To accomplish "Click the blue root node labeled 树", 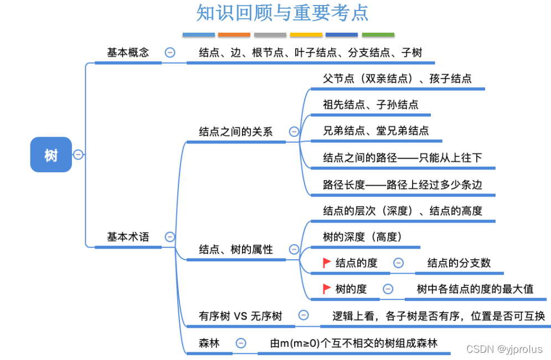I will (51, 155).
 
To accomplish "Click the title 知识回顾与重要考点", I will (282, 13).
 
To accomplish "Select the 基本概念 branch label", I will (128, 53).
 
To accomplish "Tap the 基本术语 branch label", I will (128, 236).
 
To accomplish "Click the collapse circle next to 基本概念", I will (170, 53).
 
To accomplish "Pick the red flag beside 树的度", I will (327, 289).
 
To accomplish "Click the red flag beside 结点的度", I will (327, 263).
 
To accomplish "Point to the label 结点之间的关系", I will (236, 132).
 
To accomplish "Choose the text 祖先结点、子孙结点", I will (370, 104).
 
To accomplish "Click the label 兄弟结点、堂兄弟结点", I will (375, 131).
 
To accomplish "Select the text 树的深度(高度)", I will (362, 237).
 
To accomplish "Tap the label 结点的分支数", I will (459, 263).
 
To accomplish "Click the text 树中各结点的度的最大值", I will (475, 289).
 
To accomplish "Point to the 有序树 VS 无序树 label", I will (240, 316).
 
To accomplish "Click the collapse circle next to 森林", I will (241, 343).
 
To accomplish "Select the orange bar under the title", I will (234, 34).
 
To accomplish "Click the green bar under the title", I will (378, 34).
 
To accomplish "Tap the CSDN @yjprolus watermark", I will (504, 349).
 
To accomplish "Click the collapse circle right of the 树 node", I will (78, 155).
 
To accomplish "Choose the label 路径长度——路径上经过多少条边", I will (403, 184).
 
